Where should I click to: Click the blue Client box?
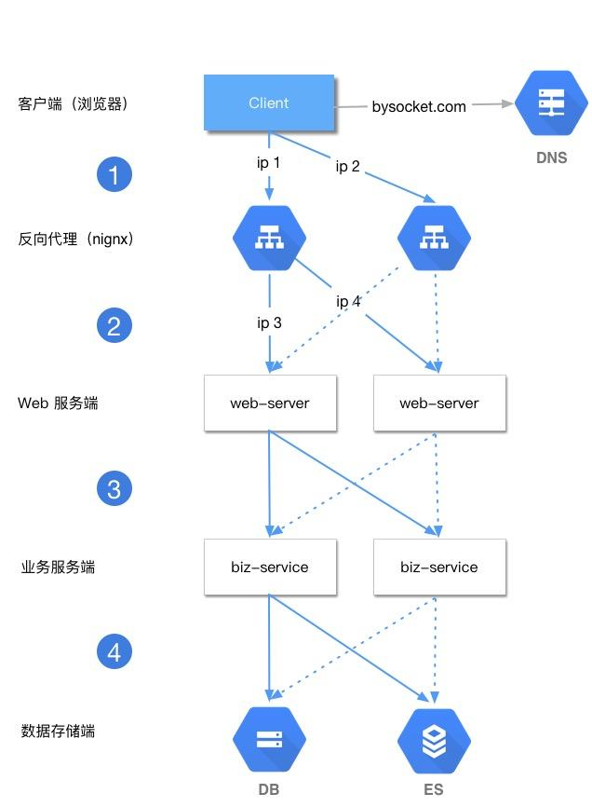(269, 103)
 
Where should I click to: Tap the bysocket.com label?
(419, 106)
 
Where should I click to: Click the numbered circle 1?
(114, 174)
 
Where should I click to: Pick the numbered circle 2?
(114, 325)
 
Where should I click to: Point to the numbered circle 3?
(114, 488)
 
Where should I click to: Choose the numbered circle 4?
(114, 652)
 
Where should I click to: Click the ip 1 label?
(269, 163)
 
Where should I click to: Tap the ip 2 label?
(347, 167)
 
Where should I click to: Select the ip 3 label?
(269, 322)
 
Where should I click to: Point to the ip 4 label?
(348, 302)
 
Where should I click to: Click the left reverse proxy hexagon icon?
(270, 238)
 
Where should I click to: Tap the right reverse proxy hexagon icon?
(434, 239)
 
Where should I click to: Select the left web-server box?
(270, 403)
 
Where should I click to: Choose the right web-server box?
(439, 403)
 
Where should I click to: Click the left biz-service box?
(270, 567)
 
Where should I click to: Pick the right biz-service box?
(439, 567)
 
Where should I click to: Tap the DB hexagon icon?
(270, 740)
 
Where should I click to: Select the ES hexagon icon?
(434, 740)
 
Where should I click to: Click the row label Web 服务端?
(58, 403)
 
